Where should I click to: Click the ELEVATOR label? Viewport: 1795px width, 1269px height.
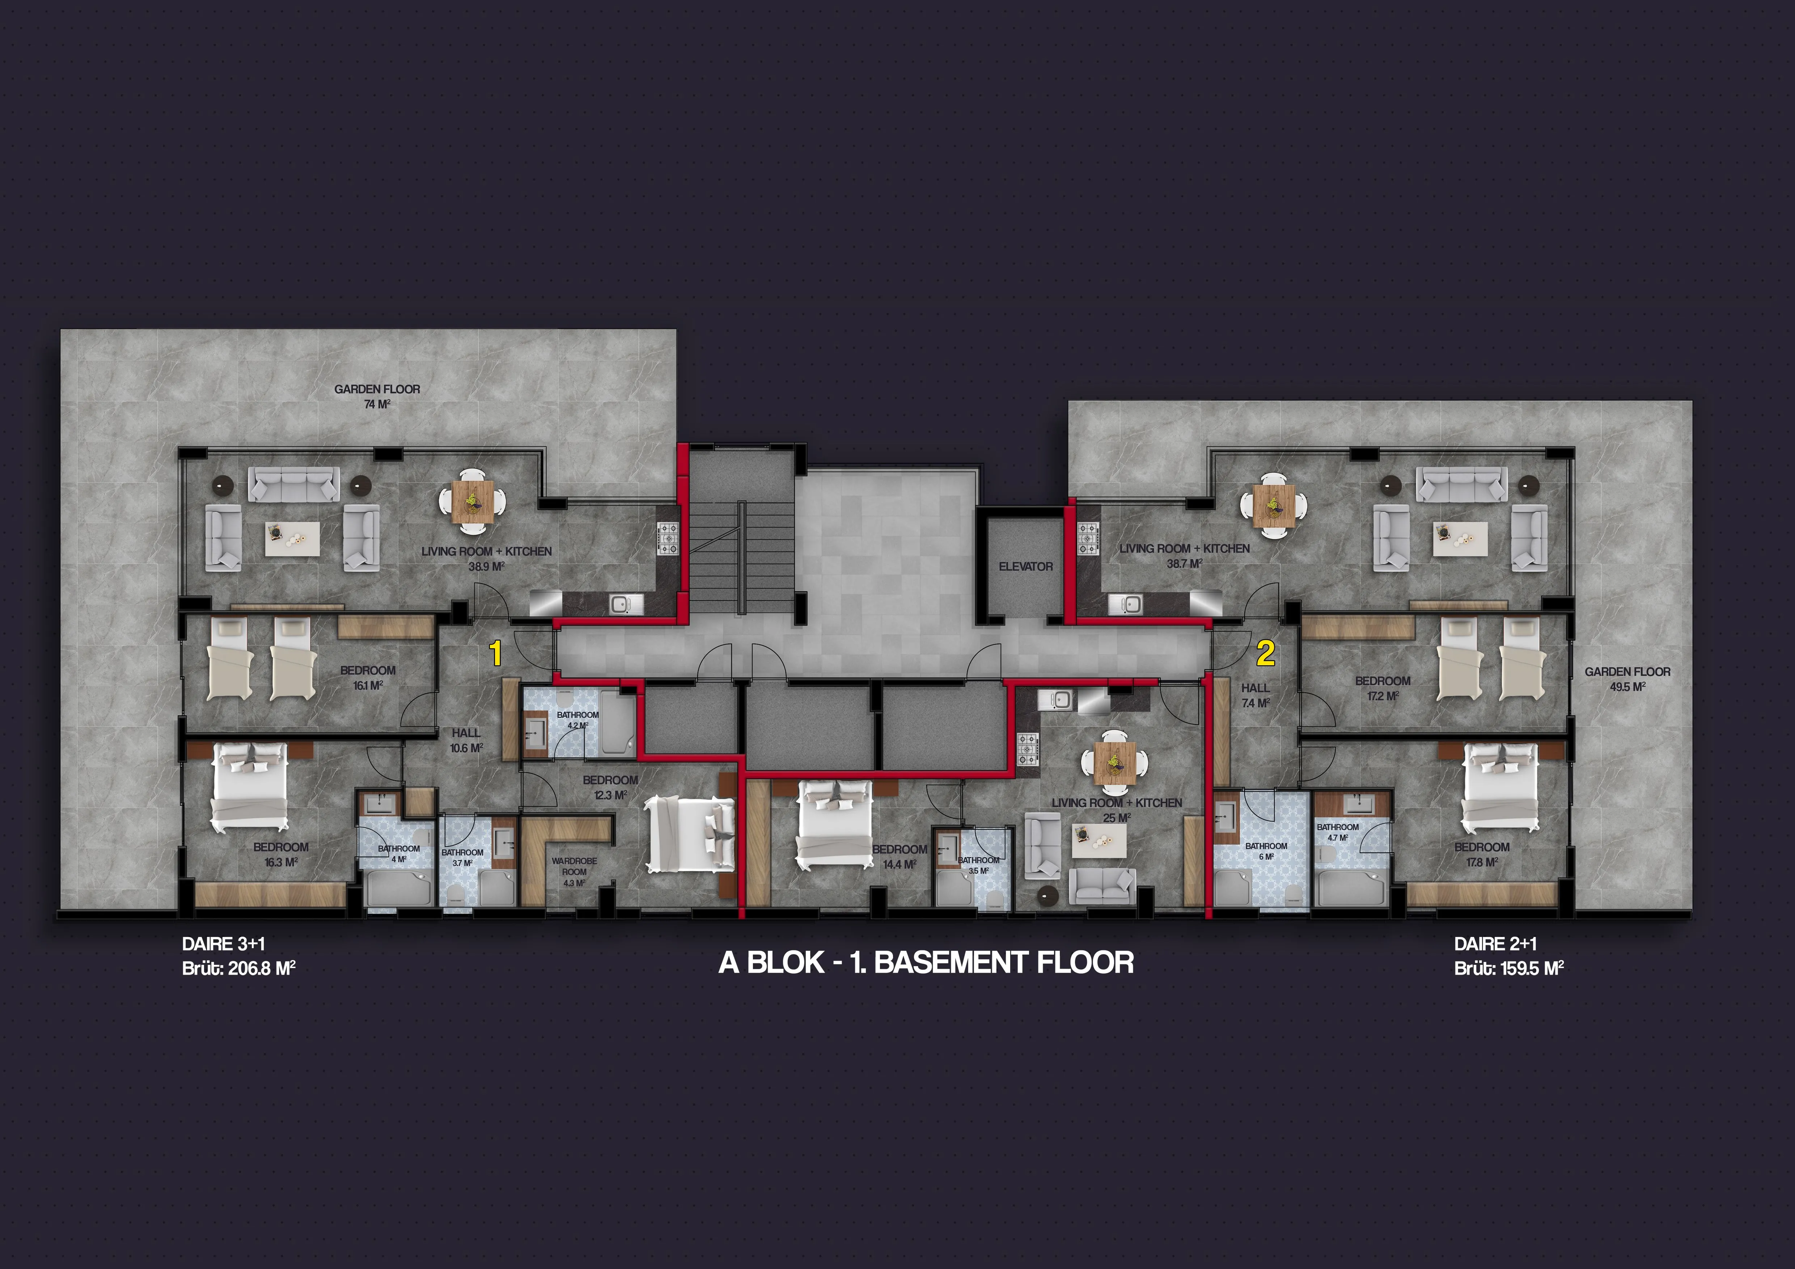[x=1026, y=566]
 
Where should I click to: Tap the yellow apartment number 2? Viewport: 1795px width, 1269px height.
[x=1266, y=653]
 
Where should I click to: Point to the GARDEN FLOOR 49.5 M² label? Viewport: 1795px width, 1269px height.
[x=1628, y=679]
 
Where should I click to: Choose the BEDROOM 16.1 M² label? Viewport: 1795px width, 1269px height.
[x=368, y=678]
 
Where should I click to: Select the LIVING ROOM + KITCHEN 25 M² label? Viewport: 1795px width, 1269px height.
[x=1117, y=810]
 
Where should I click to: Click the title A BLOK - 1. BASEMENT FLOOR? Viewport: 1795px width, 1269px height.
[x=926, y=962]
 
